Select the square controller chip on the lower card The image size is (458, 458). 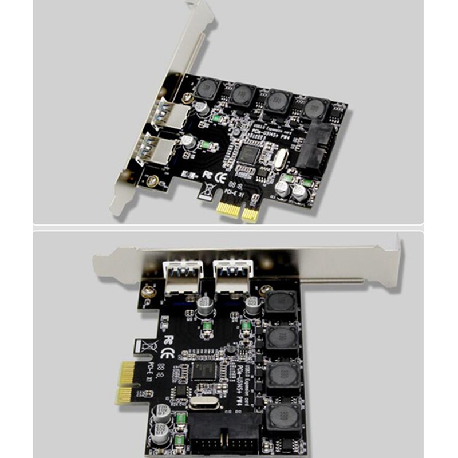point(203,370)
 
